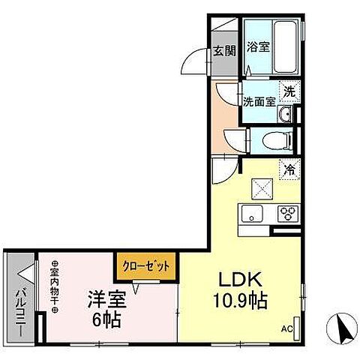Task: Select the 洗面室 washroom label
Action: coord(257,100)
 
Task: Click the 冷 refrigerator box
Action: coord(287,169)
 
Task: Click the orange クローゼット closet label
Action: coord(146,265)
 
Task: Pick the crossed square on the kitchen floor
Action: coord(259,186)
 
